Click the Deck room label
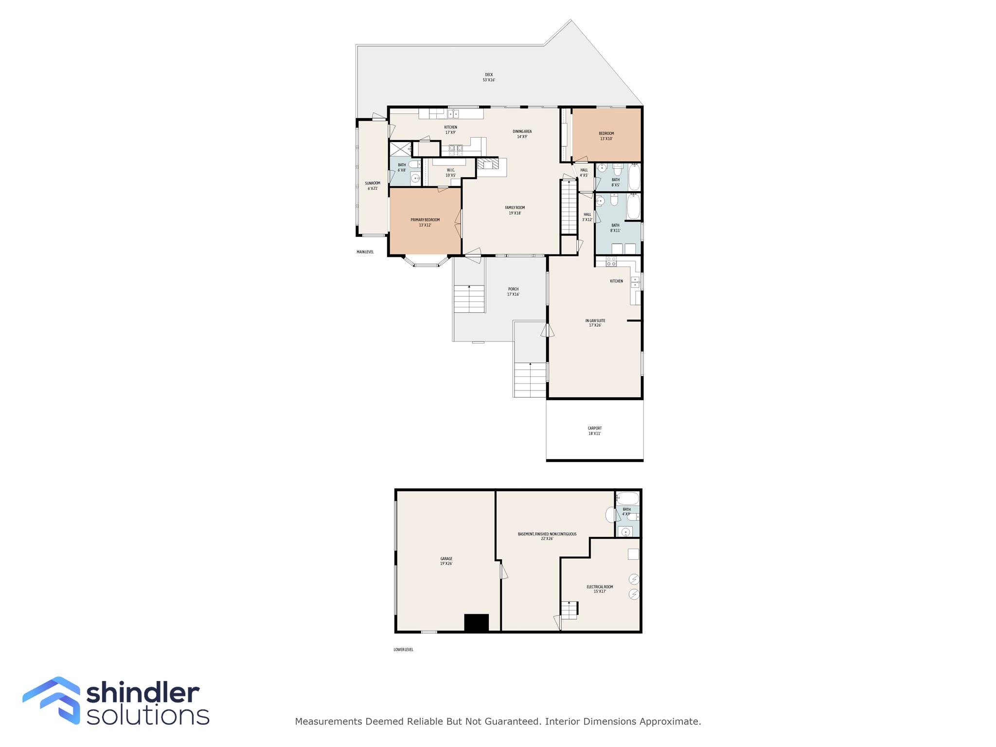489,77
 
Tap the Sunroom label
373,186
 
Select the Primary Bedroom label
425,222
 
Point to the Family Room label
515,210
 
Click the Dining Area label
522,134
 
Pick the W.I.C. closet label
450,173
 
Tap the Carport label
594,431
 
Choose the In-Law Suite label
595,323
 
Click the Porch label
513,292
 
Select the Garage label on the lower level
446,561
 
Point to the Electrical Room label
599,589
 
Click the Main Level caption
365,252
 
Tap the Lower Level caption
403,649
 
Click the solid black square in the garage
476,622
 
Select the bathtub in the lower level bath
627,498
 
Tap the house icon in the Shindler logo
52,700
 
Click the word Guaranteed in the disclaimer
513,721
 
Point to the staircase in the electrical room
569,610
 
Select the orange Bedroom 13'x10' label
606,136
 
